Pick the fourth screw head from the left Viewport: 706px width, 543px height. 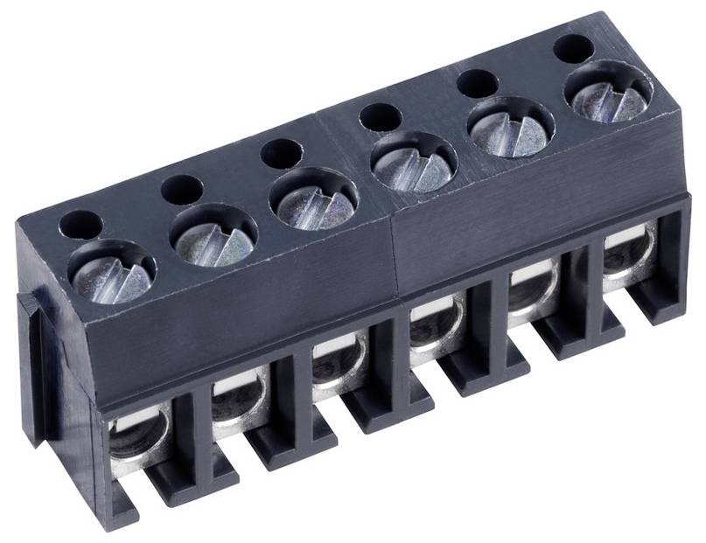point(414,163)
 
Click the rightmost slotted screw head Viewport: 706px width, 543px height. point(610,93)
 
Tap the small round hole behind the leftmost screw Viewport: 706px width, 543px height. point(80,226)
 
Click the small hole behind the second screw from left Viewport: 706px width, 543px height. point(182,189)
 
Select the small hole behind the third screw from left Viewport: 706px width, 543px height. point(282,153)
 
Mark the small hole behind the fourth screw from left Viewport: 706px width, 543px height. point(381,117)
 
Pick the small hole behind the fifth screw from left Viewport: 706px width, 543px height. point(478,83)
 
